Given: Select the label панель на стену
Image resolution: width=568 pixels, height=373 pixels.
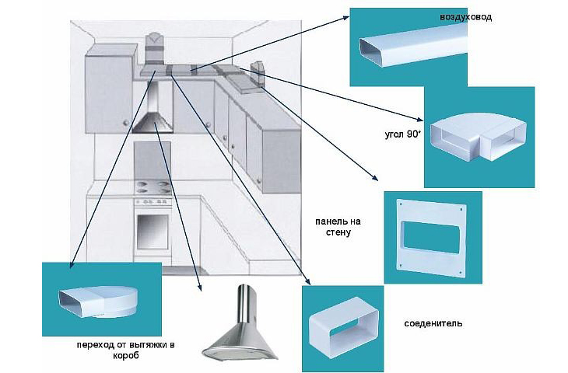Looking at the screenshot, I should click(x=339, y=226).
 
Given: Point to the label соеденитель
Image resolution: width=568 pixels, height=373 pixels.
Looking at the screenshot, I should click(x=433, y=322).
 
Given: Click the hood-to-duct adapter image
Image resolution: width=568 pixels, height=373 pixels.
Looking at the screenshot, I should click(x=97, y=298).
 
